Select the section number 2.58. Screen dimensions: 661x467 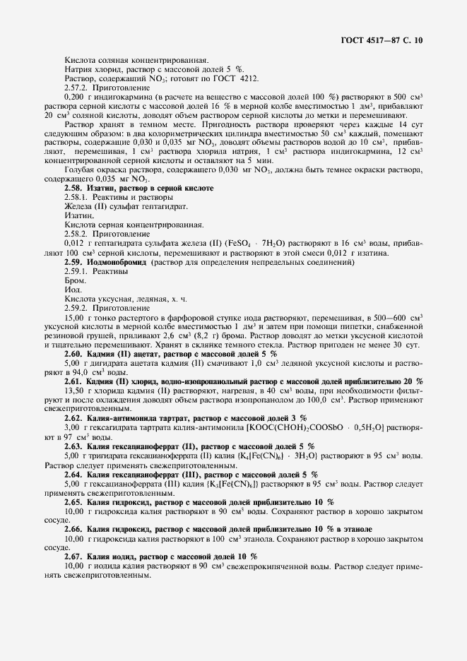click(73, 189)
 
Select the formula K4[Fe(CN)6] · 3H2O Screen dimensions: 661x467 click(283, 455)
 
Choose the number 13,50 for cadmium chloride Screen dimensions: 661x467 click(75, 391)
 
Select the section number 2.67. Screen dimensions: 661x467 click(73, 556)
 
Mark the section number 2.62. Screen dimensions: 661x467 click(73, 418)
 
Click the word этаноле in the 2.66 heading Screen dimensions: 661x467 click(357, 529)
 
